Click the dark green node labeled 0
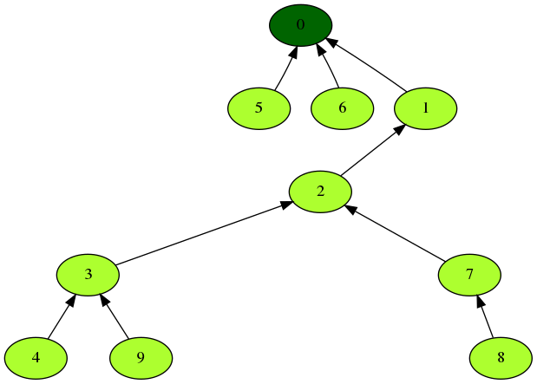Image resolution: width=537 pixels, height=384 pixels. click(x=300, y=24)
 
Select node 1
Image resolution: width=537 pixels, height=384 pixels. click(x=425, y=108)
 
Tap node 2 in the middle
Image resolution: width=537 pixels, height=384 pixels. click(x=320, y=191)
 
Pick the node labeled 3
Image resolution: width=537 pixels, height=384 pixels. click(x=88, y=275)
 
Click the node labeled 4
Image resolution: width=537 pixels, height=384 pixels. click(x=36, y=357)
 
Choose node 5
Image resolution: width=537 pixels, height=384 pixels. click(x=259, y=108)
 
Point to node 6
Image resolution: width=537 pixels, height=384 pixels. click(x=342, y=108)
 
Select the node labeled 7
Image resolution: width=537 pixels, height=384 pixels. click(x=469, y=275)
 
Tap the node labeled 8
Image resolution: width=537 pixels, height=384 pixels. click(x=501, y=357)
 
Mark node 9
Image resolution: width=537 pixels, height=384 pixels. click(x=141, y=357)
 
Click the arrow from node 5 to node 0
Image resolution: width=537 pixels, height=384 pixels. click(x=284, y=70)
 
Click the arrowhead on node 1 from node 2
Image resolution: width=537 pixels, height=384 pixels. click(x=399, y=129)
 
